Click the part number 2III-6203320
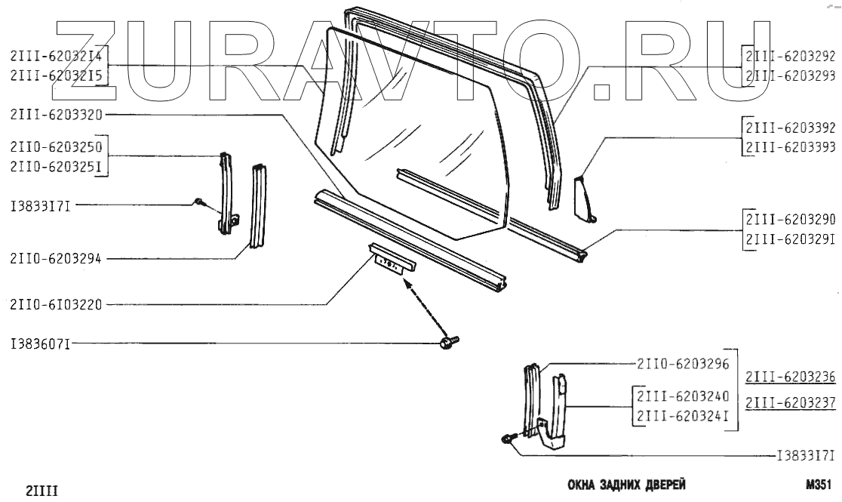pos(56,114)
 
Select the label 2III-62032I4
pos(56,55)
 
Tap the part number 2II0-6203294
pos(56,259)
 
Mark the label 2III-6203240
pos(682,396)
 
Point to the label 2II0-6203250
pos(56,146)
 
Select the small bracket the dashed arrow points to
pos(392,260)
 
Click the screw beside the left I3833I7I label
pos(198,202)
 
